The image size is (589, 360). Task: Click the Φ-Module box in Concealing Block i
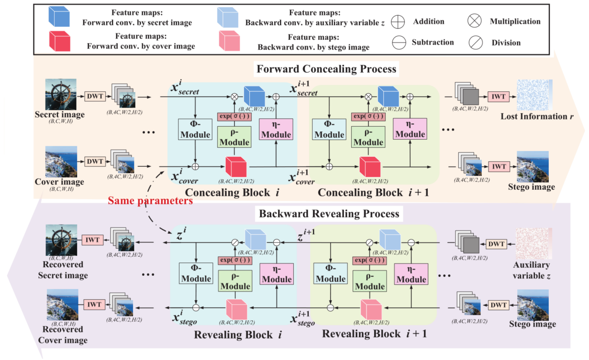click(195, 129)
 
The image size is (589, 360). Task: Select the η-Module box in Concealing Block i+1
click(410, 129)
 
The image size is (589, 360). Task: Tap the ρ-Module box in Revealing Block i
click(234, 280)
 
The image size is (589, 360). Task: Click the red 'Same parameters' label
click(150, 200)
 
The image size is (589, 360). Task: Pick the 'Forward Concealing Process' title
click(326, 69)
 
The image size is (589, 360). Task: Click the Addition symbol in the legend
click(398, 22)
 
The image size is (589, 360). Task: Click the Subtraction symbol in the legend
click(398, 43)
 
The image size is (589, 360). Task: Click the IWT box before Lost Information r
click(498, 97)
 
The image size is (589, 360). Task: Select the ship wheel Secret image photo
click(61, 94)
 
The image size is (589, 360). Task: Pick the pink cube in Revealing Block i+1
click(370, 308)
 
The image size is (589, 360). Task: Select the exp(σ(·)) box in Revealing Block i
click(234, 261)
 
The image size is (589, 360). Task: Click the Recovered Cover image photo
click(62, 305)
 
